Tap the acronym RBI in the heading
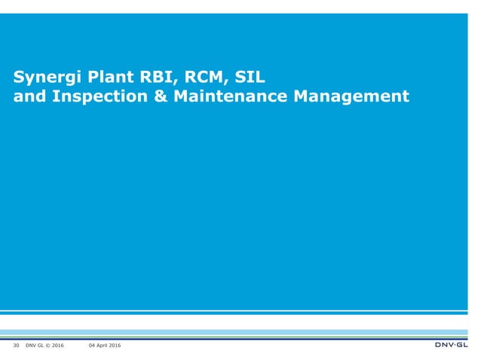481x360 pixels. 155,76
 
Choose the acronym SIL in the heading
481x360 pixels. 250,76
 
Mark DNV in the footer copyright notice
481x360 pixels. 31,346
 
